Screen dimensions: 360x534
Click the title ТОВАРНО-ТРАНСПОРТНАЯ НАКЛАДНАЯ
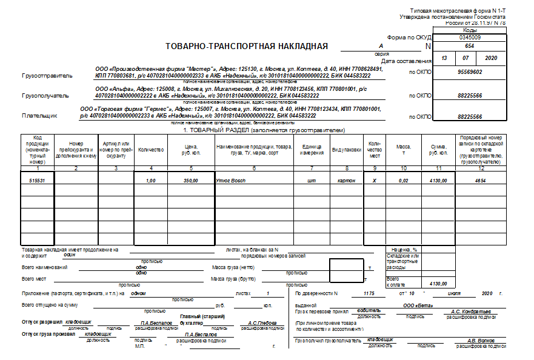click(246, 46)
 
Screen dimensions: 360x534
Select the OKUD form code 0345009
click(469, 37)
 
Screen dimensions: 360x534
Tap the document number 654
click(469, 46)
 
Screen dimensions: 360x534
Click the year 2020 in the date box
click(492, 58)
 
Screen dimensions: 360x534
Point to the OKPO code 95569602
click(469, 72)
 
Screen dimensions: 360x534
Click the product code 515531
click(38, 181)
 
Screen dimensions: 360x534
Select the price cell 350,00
click(191, 181)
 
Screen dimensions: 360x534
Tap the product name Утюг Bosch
click(231, 181)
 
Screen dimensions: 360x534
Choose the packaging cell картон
click(346, 181)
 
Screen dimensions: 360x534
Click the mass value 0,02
click(403, 181)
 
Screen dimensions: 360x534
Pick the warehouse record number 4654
click(480, 181)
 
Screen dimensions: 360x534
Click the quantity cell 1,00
click(151, 181)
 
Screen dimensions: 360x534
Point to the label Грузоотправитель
click(47, 76)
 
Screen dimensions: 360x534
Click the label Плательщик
click(39, 115)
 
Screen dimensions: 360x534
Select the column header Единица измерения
click(312, 148)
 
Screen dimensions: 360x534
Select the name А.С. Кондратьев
click(472, 312)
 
